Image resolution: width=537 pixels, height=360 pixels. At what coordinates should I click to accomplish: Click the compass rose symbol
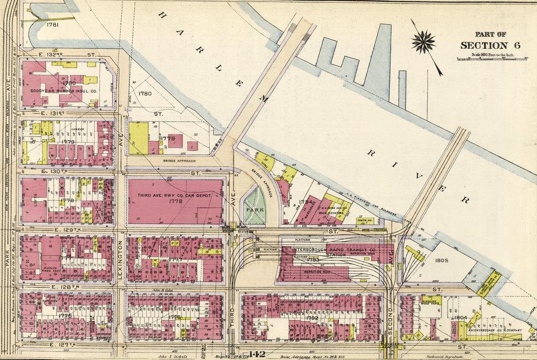coord(423,42)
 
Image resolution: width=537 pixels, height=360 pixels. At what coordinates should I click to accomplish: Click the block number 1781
coord(52,25)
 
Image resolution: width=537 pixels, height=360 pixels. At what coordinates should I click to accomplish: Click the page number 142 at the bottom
coord(257,354)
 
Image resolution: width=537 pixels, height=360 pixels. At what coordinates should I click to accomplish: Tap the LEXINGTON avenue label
coord(120,260)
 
